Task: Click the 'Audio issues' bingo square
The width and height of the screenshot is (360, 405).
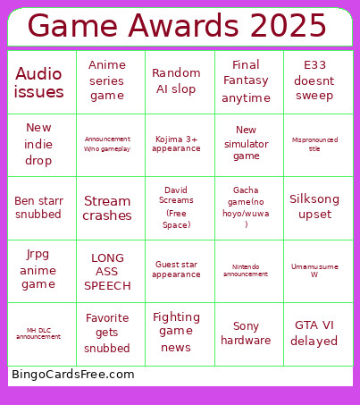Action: click(39, 82)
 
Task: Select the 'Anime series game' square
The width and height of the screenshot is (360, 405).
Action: click(107, 80)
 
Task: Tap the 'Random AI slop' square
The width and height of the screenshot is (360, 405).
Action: click(176, 80)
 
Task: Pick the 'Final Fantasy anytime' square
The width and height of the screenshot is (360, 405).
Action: click(246, 81)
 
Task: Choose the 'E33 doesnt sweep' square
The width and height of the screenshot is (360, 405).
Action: click(314, 80)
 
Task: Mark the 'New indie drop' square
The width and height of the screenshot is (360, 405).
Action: click(39, 144)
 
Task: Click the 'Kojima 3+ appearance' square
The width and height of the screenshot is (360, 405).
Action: click(176, 144)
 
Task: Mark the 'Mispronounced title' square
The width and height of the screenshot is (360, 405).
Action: click(314, 144)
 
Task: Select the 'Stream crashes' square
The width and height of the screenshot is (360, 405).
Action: click(107, 207)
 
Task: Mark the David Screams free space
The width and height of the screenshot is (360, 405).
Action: click(176, 207)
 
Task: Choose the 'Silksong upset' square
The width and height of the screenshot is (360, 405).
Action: click(314, 207)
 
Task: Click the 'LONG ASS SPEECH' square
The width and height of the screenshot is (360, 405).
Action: click(107, 271)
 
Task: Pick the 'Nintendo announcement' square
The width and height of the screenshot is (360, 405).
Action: click(246, 270)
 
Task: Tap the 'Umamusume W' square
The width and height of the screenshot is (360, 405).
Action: click(314, 270)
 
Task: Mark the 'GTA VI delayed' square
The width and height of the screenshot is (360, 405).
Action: click(314, 333)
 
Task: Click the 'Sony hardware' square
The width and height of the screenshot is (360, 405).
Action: click(246, 333)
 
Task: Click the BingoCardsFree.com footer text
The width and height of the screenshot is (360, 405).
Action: click(73, 375)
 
